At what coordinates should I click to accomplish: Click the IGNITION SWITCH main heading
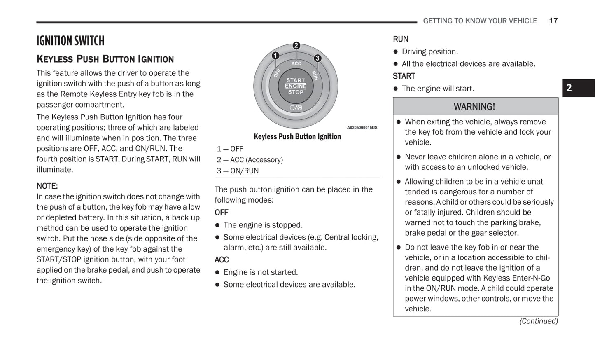[x=70, y=41]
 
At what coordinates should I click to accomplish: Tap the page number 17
[x=553, y=21]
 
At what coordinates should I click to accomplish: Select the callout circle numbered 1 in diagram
[x=275, y=56]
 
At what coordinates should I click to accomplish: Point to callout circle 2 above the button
[x=296, y=46]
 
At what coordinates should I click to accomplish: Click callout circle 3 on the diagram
[x=317, y=58]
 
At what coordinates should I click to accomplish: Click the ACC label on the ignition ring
[x=296, y=63]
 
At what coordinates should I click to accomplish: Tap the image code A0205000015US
[x=362, y=128]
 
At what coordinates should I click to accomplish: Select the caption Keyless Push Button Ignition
[x=297, y=137]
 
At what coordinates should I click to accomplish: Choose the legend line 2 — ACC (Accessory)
[x=250, y=160]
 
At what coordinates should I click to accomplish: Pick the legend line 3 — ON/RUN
[x=238, y=171]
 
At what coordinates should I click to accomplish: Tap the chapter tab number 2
[x=569, y=88]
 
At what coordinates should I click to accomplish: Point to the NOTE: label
[x=47, y=186]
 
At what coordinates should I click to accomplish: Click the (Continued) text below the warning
[x=539, y=321]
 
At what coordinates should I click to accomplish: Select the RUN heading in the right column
[x=400, y=39]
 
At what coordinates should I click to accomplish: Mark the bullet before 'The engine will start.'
[x=396, y=89]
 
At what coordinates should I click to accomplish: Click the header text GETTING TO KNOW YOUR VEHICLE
[x=480, y=21]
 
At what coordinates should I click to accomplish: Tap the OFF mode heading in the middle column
[x=221, y=213]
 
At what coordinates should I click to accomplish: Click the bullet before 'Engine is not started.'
[x=217, y=273]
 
